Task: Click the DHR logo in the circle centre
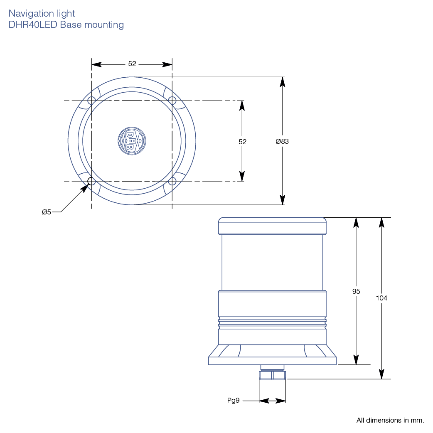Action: (132, 140)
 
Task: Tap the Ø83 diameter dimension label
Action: (282, 141)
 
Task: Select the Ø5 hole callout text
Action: (46, 212)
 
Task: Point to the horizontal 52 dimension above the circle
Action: (132, 64)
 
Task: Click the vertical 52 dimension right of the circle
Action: (243, 142)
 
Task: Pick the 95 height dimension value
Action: (356, 291)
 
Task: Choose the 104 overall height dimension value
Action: (381, 298)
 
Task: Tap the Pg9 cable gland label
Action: (233, 401)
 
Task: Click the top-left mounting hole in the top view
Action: (91, 100)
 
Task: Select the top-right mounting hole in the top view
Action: (172, 100)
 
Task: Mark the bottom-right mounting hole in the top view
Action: (172, 181)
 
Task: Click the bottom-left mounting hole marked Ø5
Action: (91, 181)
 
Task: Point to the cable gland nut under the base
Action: (272, 375)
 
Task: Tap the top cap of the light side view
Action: (272, 226)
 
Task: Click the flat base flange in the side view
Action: (272, 361)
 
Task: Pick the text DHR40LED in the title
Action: (33, 25)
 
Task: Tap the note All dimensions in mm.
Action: (390, 420)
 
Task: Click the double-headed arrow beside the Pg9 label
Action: (272, 401)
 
